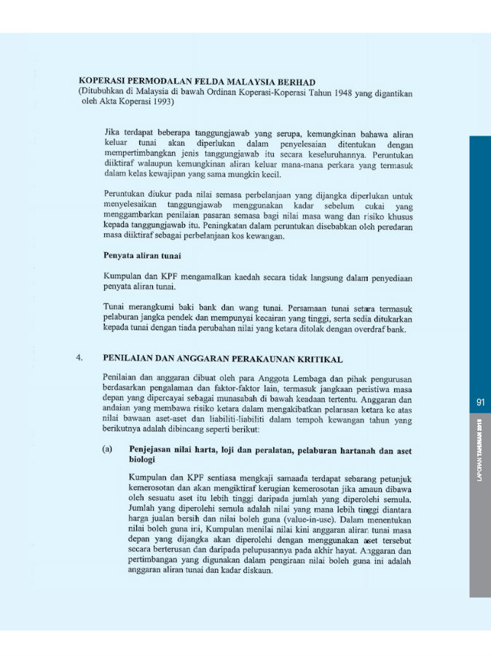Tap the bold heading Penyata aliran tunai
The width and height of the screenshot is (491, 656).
point(143,257)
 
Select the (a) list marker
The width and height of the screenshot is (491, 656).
point(109,450)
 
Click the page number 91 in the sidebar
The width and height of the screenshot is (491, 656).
point(480,402)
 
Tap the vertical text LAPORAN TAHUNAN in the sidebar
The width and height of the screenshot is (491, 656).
point(481,453)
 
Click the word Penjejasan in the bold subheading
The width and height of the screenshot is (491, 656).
point(154,450)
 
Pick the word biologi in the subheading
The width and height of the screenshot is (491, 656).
point(144,461)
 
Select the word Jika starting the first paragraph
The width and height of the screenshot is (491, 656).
point(112,132)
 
